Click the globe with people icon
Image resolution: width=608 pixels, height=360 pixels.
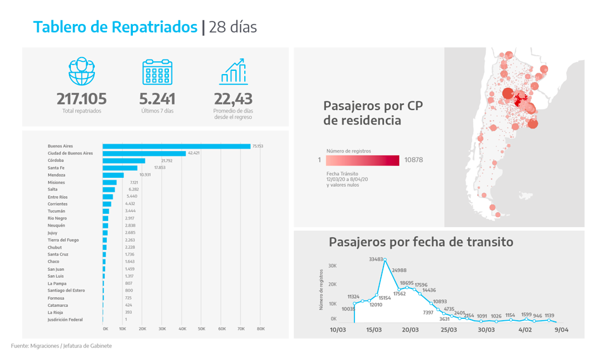[82, 71]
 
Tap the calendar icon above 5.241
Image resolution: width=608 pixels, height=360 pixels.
[157, 71]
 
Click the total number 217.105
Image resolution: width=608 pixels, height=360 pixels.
[82, 99]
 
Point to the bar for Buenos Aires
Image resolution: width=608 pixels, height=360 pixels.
[177, 146]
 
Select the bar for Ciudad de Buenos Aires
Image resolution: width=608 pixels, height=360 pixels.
[144, 153]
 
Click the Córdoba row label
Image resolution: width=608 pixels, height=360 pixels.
[56, 161]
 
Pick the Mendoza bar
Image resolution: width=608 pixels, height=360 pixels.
[113, 175]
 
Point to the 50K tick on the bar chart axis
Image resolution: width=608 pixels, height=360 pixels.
[202, 329]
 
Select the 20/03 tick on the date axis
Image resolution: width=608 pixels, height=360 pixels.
[410, 330]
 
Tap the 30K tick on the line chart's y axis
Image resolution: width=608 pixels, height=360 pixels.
[332, 266]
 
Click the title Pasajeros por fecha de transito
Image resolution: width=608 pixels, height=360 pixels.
[421, 242]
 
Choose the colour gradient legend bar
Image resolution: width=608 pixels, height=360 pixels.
[363, 160]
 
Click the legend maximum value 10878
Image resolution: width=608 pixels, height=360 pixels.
[413, 160]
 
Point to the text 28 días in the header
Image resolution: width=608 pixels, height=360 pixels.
[232, 27]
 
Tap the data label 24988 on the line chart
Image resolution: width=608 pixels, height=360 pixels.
[399, 271]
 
